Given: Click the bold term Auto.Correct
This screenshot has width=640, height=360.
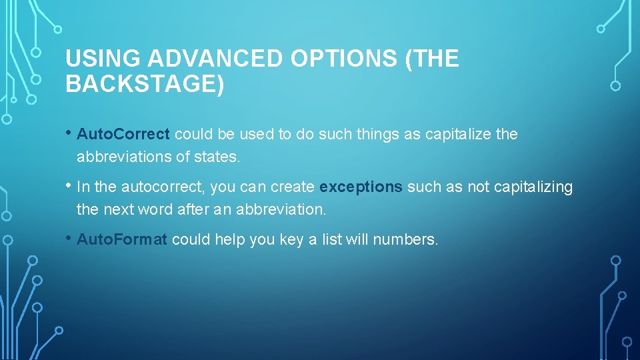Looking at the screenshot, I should (x=123, y=134).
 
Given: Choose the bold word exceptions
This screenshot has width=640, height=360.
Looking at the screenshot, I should (x=361, y=187).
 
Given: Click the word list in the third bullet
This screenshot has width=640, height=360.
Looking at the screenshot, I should (x=331, y=239).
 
